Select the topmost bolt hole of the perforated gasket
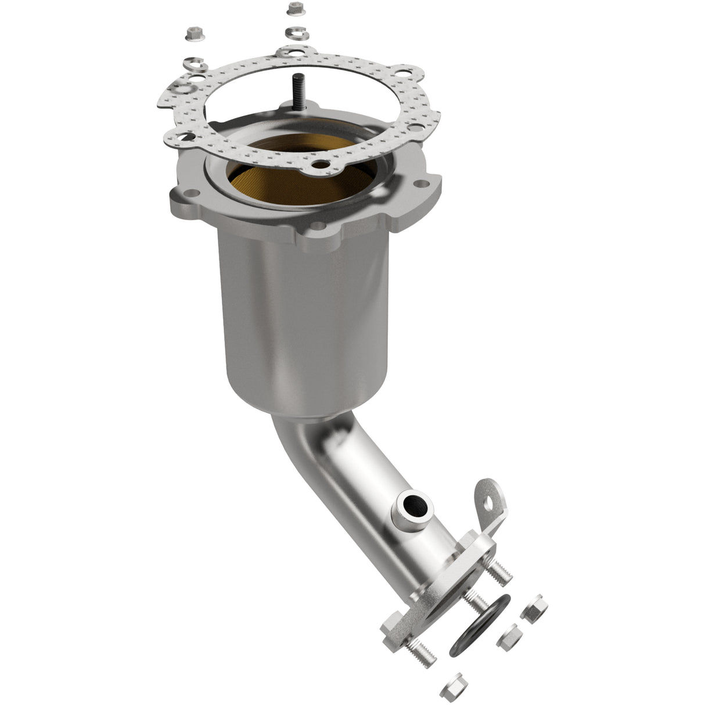click(x=286, y=53)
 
